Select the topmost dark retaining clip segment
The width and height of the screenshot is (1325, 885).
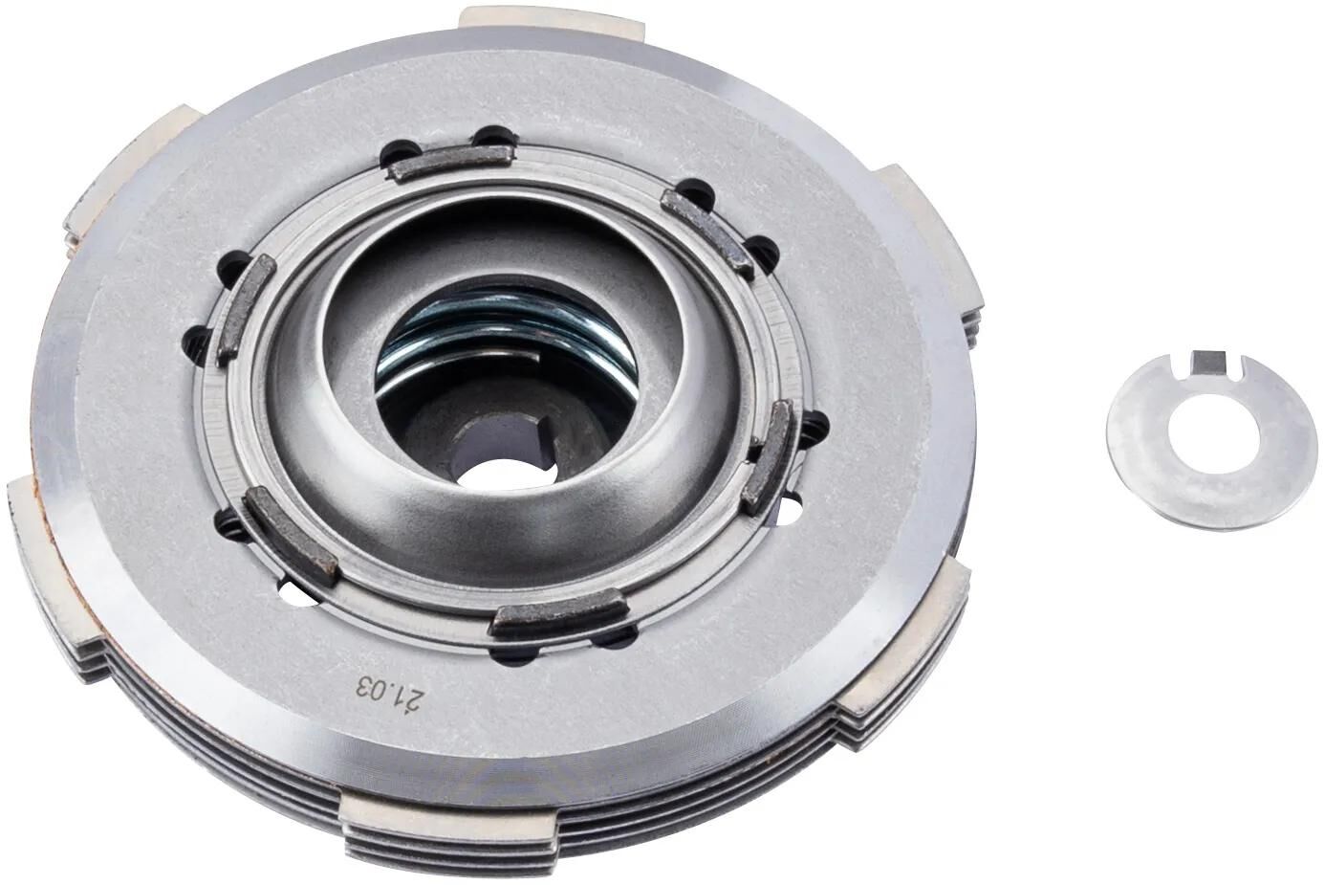(x=449, y=164)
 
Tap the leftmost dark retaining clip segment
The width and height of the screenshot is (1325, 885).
(x=244, y=310)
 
